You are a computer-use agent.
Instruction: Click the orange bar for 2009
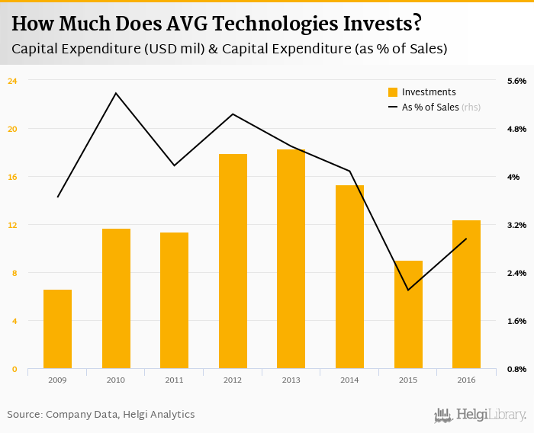57,329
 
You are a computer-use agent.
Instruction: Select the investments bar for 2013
291,259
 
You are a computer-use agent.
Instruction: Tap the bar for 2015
408,315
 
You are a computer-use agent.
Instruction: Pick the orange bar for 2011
174,300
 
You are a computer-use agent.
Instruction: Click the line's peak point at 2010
116,93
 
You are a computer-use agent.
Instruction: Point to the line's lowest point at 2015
408,290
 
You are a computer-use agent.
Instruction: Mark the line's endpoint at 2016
466,239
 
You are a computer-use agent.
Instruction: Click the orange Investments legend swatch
393,92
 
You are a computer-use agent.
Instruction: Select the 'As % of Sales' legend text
430,107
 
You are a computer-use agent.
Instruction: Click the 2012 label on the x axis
233,380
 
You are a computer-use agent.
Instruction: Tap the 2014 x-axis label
349,380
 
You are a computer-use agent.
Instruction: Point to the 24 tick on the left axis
12,80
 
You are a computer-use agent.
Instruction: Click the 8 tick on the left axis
12,273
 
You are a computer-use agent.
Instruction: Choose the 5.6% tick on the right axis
516,80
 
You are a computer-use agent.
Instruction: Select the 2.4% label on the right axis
516,273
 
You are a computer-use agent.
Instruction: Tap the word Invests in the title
378,24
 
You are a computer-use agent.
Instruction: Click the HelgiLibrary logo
481,415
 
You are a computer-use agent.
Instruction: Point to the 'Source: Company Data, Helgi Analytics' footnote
101,415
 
